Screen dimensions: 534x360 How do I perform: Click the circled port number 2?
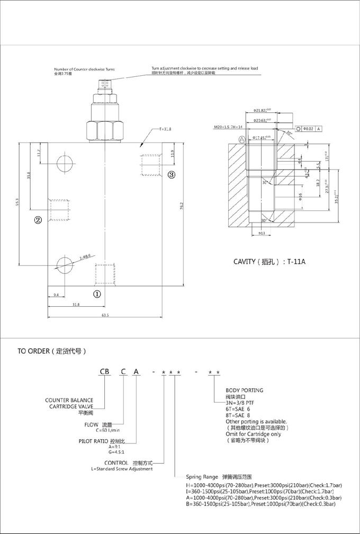coord(38,220)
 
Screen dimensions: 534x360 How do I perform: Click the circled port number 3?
coord(172,174)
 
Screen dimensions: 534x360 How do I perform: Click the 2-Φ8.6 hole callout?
coord(86,256)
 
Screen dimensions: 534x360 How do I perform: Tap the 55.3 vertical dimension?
coord(17,201)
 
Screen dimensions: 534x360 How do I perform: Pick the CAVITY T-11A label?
coord(269,262)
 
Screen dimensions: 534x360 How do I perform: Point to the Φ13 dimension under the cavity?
coord(261,233)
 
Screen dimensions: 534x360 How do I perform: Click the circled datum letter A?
coord(242,139)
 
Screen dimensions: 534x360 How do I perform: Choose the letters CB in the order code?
coord(106,372)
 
